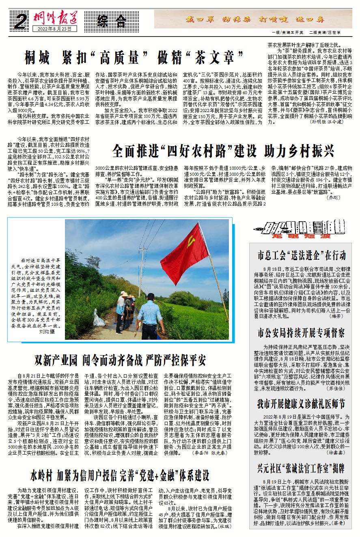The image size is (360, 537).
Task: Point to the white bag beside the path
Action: tap(98, 319)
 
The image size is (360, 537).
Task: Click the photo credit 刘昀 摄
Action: tap(47, 332)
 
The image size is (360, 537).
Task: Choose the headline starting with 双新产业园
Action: tap(120, 360)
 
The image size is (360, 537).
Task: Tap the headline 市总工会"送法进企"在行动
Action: tap(302, 256)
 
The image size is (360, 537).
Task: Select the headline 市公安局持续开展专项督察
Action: tap(302, 333)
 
